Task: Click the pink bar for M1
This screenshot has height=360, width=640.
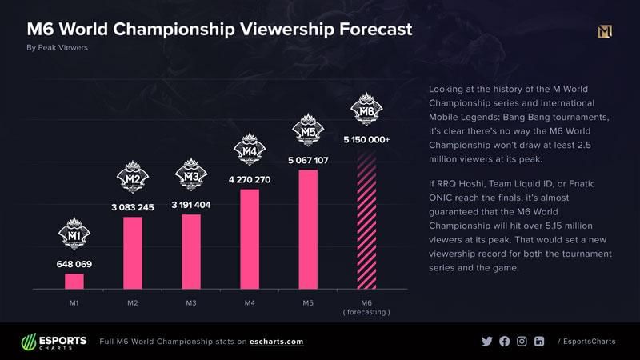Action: pyautogui.click(x=74, y=281)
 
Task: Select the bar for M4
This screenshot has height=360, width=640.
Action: pyautogui.click(x=250, y=238)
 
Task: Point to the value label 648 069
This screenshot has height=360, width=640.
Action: pyautogui.click(x=74, y=262)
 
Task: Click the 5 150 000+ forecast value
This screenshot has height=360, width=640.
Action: pyautogui.click(x=366, y=139)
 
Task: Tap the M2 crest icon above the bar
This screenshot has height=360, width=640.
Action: pyautogui.click(x=133, y=177)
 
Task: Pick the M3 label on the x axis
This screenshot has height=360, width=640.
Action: pyautogui.click(x=191, y=302)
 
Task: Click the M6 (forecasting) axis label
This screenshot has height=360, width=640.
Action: pyautogui.click(x=366, y=306)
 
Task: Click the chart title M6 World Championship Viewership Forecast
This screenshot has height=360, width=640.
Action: pyautogui.click(x=220, y=30)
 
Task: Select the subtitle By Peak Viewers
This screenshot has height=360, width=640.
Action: pyautogui.click(x=58, y=48)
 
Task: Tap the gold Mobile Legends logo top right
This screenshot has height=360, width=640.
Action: pyautogui.click(x=605, y=32)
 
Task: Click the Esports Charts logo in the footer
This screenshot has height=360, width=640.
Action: pyautogui.click(x=53, y=342)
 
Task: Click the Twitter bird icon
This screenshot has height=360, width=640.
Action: pyautogui.click(x=487, y=342)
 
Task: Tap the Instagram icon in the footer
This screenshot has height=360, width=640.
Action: pyautogui.click(x=522, y=342)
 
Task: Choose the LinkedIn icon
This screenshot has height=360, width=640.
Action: pyautogui.click(x=539, y=342)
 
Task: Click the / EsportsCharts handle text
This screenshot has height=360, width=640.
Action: pyautogui.click(x=586, y=342)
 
